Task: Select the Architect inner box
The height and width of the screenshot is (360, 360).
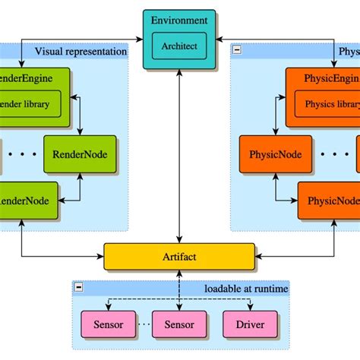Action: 179,46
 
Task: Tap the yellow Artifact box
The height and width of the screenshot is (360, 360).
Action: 179,257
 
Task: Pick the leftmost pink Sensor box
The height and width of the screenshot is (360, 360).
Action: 109,324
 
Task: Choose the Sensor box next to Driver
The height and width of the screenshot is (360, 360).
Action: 178,324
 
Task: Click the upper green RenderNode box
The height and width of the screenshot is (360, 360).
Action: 80,154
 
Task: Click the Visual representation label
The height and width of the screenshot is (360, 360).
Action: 80,52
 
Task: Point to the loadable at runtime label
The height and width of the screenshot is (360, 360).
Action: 247,289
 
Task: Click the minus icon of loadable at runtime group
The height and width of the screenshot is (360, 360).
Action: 78,289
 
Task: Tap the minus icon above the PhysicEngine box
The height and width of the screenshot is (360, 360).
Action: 238,51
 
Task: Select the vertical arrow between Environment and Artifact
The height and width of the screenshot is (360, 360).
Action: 179,152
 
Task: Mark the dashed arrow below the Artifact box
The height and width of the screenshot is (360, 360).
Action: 179,289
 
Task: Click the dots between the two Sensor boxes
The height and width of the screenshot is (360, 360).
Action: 144,324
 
